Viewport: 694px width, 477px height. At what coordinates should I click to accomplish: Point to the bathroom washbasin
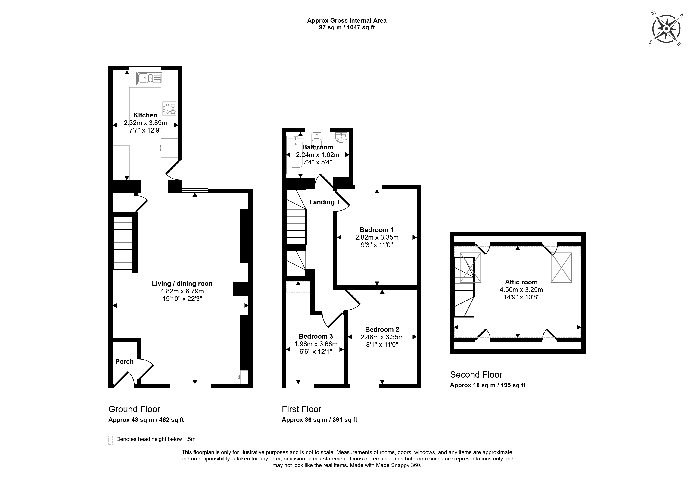pyautogui.click(x=341, y=138)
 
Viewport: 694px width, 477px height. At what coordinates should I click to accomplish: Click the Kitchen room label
pyautogui.click(x=145, y=115)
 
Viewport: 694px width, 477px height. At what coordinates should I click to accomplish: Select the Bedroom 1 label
pyautogui.click(x=377, y=230)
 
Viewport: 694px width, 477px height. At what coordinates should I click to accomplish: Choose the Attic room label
pyautogui.click(x=521, y=282)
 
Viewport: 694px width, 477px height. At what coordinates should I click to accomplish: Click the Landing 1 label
pyautogui.click(x=324, y=202)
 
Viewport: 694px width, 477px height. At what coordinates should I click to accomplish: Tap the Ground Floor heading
pyautogui.click(x=134, y=409)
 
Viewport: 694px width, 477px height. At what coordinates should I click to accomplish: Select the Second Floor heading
pyautogui.click(x=476, y=375)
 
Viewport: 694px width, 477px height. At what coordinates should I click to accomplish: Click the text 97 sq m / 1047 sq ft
pyautogui.click(x=347, y=27)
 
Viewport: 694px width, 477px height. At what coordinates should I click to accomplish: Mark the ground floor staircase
pyautogui.click(x=123, y=243)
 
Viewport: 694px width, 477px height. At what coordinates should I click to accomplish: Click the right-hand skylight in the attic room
pyautogui.click(x=561, y=267)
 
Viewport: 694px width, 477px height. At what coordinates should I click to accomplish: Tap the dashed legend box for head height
pyautogui.click(x=110, y=440)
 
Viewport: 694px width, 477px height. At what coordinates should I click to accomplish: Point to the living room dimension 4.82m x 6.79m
pyautogui.click(x=182, y=291)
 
